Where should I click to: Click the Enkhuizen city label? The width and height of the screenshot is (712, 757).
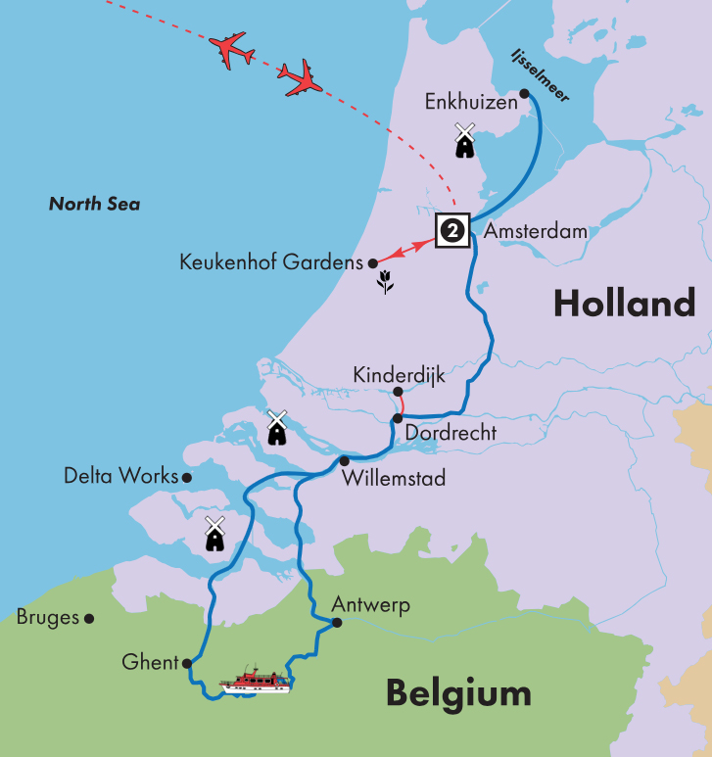pyautogui.click(x=469, y=101)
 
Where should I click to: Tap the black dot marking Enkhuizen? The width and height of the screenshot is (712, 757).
pyautogui.click(x=525, y=94)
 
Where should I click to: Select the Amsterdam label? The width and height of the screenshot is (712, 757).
pyautogui.click(x=535, y=232)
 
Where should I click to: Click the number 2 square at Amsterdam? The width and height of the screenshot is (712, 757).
pyautogui.click(x=452, y=230)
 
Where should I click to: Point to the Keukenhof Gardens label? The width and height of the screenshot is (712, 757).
pyautogui.click(x=270, y=262)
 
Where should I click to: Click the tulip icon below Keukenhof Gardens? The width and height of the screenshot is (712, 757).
pyautogui.click(x=386, y=286)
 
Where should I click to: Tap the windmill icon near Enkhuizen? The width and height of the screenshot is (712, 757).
pyautogui.click(x=464, y=140)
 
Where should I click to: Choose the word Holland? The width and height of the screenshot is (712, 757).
pyautogui.click(x=624, y=304)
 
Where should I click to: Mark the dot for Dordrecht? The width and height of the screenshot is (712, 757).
pyautogui.click(x=398, y=418)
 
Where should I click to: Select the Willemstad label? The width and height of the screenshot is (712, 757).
pyautogui.click(x=394, y=479)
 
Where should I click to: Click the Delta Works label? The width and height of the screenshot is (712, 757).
pyautogui.click(x=120, y=477)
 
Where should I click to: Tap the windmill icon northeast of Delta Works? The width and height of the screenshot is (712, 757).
pyautogui.click(x=276, y=427)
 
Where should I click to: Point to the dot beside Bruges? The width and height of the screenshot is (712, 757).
pyautogui.click(x=89, y=618)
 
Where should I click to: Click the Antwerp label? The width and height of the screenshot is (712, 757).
pyautogui.click(x=370, y=604)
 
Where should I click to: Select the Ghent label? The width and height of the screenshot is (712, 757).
pyautogui.click(x=151, y=663)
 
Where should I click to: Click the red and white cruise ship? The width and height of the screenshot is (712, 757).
pyautogui.click(x=257, y=681)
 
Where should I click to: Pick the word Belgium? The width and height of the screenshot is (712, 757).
pyautogui.click(x=458, y=693)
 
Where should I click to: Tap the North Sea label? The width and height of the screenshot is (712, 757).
pyautogui.click(x=94, y=204)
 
